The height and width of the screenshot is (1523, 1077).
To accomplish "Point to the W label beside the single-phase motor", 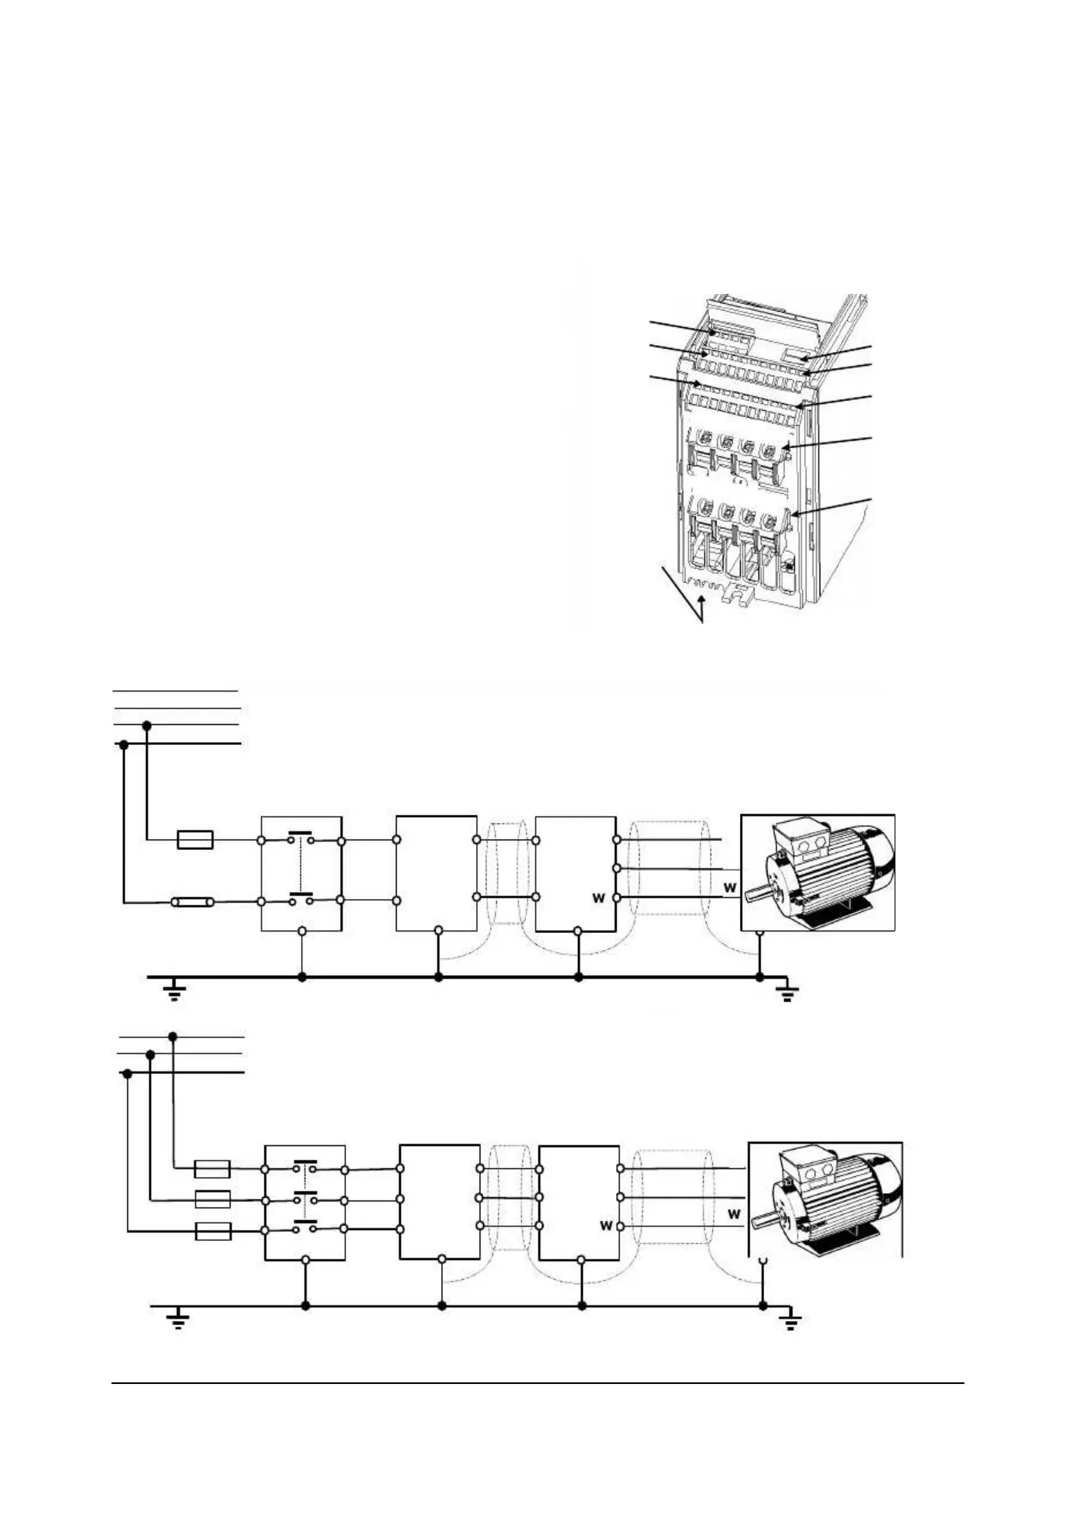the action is click(729, 887).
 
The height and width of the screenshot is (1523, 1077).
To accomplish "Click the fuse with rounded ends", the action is click(193, 902).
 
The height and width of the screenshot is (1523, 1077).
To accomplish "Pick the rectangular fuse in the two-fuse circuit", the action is click(195, 840).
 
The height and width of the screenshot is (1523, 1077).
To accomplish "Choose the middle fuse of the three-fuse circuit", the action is click(212, 1199).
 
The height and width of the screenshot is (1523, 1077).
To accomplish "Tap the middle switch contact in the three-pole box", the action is click(305, 1199).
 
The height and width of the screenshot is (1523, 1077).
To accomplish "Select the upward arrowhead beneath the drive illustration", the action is click(703, 603).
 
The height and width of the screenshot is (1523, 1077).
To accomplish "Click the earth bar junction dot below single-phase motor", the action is click(759, 977).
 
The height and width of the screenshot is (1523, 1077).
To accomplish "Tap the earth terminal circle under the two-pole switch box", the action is click(302, 932).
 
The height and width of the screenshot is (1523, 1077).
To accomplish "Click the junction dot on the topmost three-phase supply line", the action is click(173, 1036).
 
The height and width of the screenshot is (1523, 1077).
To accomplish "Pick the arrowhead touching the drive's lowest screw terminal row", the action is click(794, 514).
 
